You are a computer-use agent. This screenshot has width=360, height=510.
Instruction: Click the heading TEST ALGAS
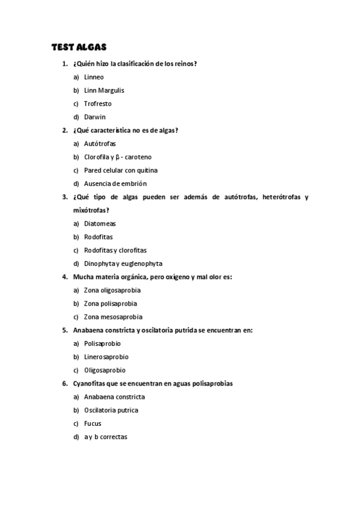point(78,46)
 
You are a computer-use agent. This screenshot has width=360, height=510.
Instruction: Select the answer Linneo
point(94,77)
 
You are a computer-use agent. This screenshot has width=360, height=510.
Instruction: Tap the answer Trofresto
point(97,103)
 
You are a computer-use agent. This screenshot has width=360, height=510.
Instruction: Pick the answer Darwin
point(94,117)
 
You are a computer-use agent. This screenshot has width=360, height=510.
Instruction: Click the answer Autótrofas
point(100,144)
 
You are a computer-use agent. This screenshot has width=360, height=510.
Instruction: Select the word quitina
point(147,170)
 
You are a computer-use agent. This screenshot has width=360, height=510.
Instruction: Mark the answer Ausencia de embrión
point(115,183)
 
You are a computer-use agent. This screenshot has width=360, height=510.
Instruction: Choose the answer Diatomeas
point(100,224)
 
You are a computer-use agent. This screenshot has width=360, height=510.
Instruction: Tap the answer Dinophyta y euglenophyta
point(123,263)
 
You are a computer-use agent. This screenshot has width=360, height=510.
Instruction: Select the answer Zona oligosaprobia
point(112,290)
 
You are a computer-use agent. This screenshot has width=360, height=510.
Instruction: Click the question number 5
point(64,330)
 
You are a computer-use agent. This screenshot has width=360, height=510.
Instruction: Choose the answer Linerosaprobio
point(106,357)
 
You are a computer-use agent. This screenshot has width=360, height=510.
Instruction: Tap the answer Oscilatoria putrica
point(111,410)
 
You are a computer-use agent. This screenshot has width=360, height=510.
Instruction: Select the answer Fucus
point(93,423)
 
